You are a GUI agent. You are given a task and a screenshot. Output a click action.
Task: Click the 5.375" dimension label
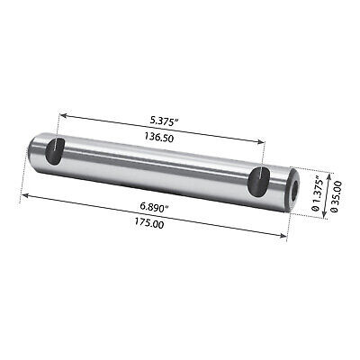(164, 121)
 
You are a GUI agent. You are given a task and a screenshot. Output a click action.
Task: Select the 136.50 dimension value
(158, 138)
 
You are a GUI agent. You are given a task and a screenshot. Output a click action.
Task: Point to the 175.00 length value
(149, 223)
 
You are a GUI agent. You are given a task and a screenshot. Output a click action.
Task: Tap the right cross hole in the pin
(258, 183)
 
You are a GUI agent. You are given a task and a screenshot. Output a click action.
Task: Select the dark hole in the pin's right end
(295, 191)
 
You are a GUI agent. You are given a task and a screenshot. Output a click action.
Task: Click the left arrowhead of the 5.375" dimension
(61, 115)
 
